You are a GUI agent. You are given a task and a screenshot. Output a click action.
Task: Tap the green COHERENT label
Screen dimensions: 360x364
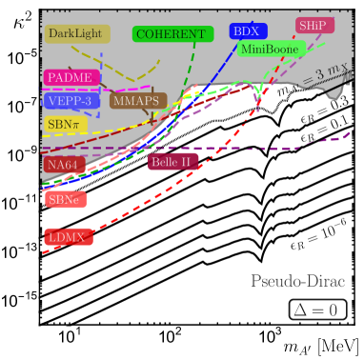(171, 33)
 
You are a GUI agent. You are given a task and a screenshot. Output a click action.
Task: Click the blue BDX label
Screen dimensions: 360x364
(246, 31)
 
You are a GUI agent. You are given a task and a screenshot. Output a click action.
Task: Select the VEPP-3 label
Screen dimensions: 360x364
(68, 100)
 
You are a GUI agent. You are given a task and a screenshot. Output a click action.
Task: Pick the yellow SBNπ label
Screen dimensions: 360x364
(65, 124)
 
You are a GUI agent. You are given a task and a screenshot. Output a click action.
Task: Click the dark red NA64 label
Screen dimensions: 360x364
(60, 165)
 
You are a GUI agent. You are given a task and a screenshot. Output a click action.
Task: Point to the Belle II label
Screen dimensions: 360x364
(171, 162)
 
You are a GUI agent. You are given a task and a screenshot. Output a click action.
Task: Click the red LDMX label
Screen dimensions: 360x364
(68, 237)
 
